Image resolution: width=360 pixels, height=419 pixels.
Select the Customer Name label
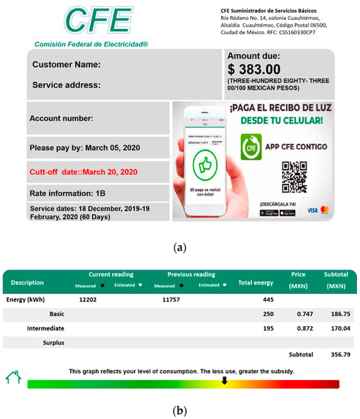click(67, 64)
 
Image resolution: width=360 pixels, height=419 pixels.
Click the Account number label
click(61, 118)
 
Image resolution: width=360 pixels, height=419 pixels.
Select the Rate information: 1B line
click(68, 193)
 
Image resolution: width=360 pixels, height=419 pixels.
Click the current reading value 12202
click(91, 300)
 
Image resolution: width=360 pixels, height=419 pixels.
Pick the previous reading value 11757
click(175, 300)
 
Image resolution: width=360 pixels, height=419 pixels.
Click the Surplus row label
click(50, 342)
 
